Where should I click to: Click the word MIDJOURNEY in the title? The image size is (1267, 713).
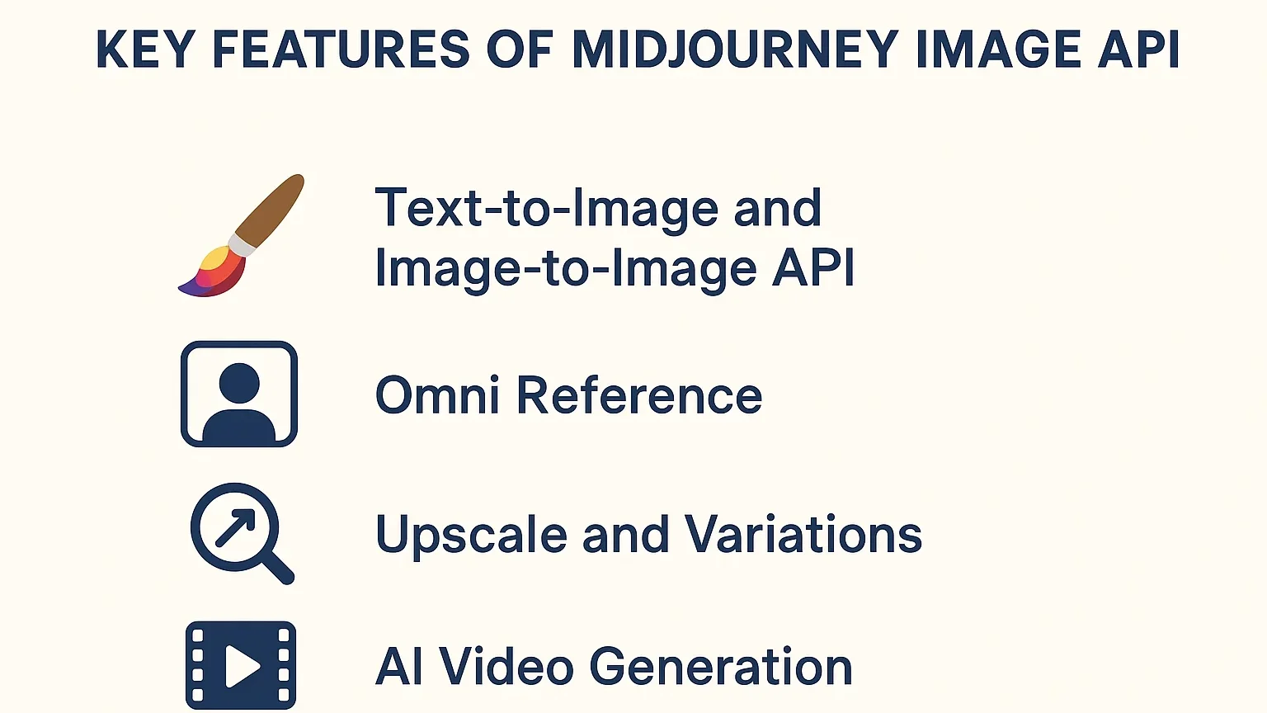(x=735, y=50)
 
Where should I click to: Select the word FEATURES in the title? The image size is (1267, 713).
(x=341, y=50)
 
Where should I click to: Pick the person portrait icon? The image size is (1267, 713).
(x=239, y=394)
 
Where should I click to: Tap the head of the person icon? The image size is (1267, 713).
(x=239, y=383)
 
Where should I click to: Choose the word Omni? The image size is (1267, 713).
(x=437, y=395)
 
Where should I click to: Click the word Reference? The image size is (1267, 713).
(x=639, y=395)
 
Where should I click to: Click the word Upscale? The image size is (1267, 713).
(x=471, y=535)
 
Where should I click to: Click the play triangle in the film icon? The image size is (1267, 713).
(x=242, y=665)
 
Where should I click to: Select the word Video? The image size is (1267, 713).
(x=506, y=667)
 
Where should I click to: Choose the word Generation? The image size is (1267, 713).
(x=721, y=667)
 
